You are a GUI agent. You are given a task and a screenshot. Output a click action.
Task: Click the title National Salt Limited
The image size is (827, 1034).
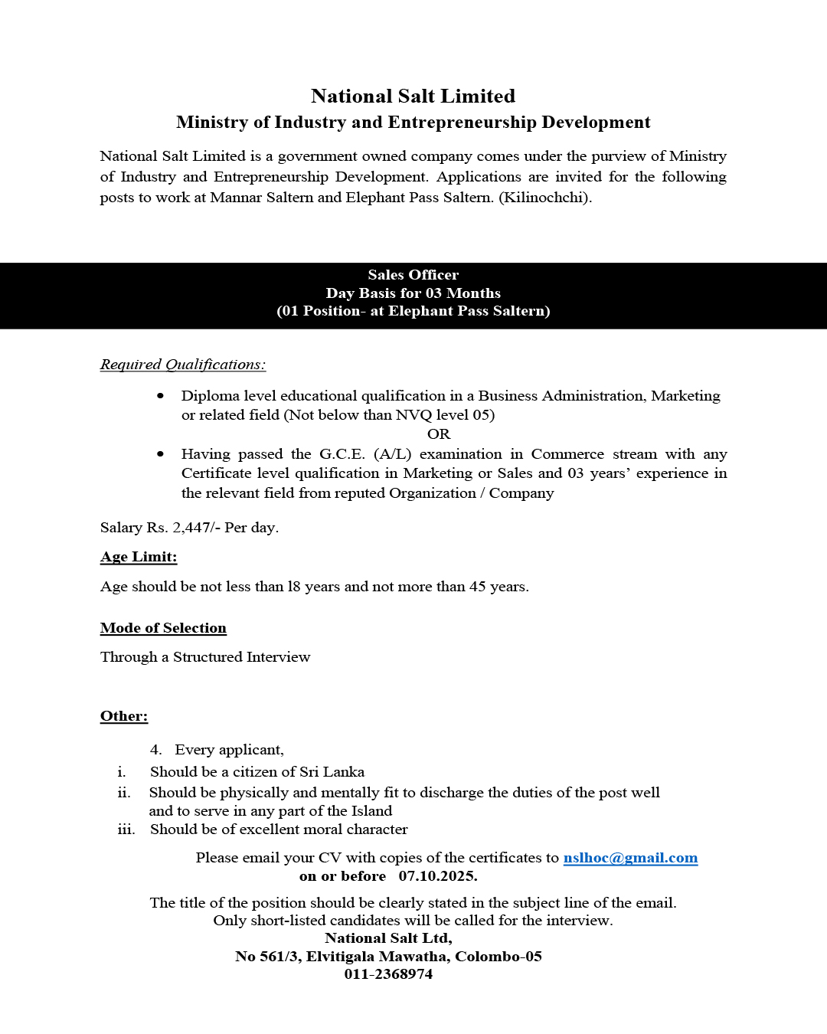[x=413, y=97]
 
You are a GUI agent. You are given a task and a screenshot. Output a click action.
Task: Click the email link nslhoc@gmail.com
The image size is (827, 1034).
[x=630, y=858]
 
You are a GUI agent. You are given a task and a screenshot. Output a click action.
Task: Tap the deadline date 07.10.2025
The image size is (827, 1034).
[x=437, y=876]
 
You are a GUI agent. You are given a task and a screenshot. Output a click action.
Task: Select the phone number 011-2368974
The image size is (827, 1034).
[x=388, y=974]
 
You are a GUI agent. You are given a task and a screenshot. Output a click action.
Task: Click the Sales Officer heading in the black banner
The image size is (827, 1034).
[x=413, y=275]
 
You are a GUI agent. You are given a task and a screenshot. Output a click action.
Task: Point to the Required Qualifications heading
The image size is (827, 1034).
[x=183, y=365]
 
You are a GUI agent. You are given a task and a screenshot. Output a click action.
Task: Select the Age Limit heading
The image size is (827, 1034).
[x=139, y=557]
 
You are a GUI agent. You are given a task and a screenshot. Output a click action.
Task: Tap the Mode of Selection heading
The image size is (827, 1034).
[x=163, y=628]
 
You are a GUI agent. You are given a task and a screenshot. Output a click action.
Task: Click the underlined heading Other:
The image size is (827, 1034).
[x=124, y=716]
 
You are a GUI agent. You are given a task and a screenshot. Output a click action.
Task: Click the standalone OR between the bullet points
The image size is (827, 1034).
[x=439, y=434]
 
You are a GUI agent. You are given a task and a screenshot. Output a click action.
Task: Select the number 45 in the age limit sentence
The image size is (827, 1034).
[x=478, y=587]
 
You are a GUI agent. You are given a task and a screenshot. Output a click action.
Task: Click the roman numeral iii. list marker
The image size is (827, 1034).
[x=126, y=829]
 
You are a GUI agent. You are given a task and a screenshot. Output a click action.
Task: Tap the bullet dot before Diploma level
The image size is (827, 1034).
[x=160, y=396]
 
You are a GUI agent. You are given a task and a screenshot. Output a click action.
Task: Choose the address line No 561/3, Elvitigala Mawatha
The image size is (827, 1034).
[x=388, y=957]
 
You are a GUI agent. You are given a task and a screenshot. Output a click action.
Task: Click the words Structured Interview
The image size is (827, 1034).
[x=241, y=657]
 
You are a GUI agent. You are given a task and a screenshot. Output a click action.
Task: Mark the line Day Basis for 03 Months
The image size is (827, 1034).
[x=413, y=293]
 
